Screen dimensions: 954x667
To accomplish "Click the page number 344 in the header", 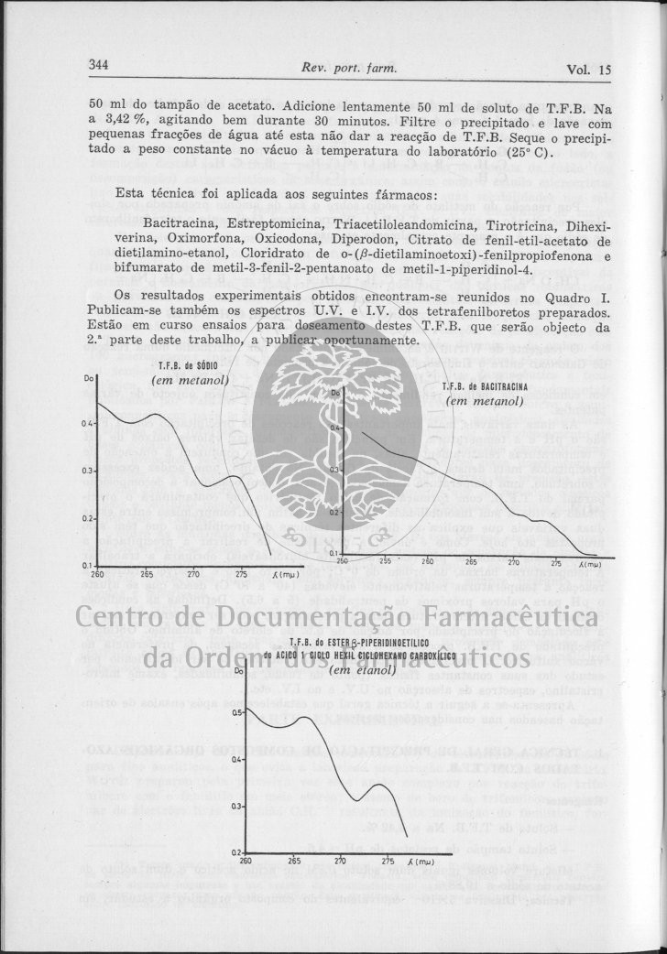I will tap(99, 66).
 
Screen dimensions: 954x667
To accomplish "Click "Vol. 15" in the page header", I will tap(589, 70).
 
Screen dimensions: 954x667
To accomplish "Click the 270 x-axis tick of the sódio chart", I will tap(193, 574).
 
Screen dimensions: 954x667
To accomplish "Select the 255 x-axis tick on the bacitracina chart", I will tap(385, 562).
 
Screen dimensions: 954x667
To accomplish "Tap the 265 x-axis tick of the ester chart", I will tap(294, 861).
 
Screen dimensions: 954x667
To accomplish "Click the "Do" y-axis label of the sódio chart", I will tap(89, 376).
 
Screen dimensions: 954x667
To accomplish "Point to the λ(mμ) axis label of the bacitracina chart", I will tap(589, 564).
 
